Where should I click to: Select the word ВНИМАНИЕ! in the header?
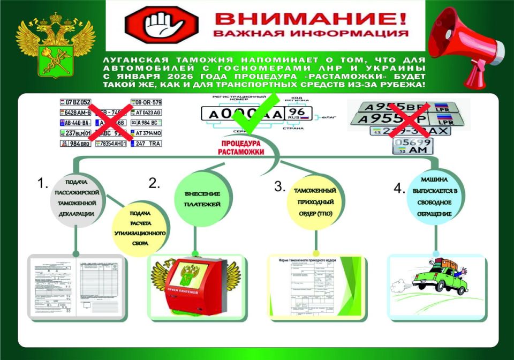(311, 19)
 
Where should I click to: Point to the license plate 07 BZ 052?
(75, 102)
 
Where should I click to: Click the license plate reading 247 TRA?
(146, 144)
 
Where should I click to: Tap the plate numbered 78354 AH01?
(110, 144)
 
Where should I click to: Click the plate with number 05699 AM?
(413, 146)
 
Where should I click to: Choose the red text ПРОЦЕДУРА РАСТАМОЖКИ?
(241, 147)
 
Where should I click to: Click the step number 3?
(279, 186)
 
